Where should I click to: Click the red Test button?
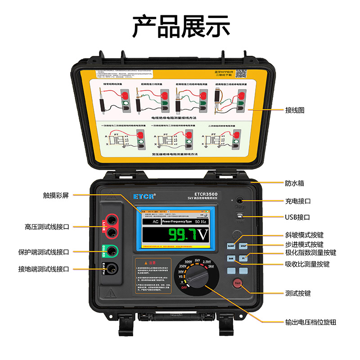pos(237,283)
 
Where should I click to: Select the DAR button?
pos(231,259)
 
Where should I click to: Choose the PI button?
pos(243,259)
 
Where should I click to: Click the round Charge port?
pos(239,201)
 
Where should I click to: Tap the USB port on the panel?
pos(239,216)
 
